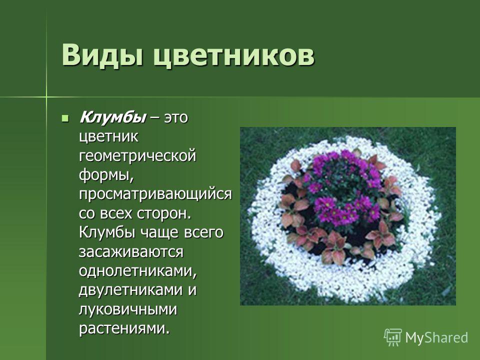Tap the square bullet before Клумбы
tap(65, 118)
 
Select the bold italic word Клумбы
tap(112, 117)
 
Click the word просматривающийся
tap(155, 194)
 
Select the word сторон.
tap(164, 213)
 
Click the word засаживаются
tap(131, 252)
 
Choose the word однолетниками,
tap(138, 271)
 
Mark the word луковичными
tap(128, 309)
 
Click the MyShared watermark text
tap(436, 338)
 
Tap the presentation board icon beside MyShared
tap(393, 337)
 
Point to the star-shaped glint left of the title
tap(46, 97)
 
